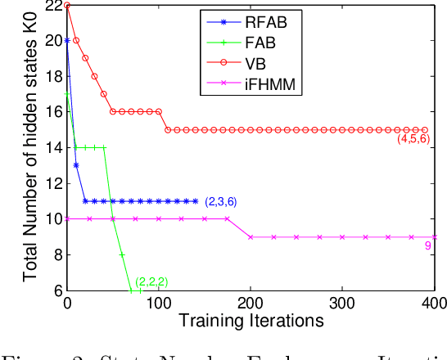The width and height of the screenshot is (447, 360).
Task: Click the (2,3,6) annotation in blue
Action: pos(221,200)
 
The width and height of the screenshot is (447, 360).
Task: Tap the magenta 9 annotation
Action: pos(427,245)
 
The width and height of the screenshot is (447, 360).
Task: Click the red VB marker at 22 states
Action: pos(67,5)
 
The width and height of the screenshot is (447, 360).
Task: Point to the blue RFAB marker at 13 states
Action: pos(76,165)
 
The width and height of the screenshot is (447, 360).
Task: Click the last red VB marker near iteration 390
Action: pos(425,129)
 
